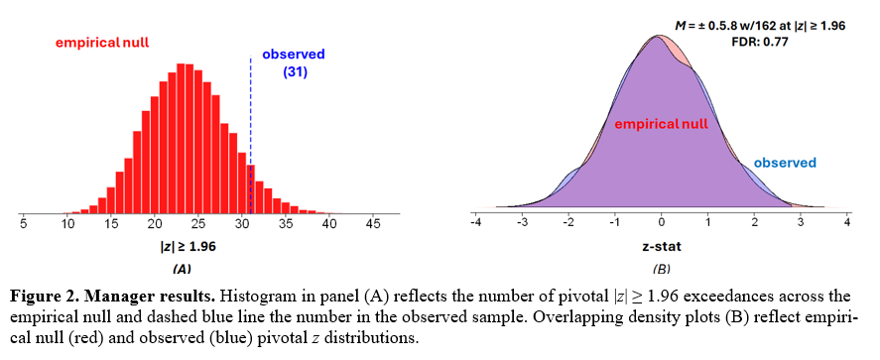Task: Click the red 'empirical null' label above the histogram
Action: [101, 43]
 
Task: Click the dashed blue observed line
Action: [251, 135]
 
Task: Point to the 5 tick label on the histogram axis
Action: [23, 224]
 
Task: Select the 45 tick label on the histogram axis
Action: [373, 224]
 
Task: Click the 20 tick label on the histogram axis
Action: [155, 224]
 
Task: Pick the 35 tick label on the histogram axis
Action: [286, 224]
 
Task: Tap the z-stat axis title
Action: [661, 246]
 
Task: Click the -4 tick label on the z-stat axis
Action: [475, 223]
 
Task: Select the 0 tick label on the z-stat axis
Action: [661, 223]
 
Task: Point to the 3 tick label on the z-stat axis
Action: [801, 223]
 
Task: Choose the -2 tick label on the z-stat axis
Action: [567, 223]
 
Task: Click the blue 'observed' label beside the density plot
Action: [785, 164]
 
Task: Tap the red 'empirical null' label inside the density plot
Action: [661, 124]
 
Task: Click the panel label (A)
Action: [181, 269]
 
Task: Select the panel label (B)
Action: [662, 269]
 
